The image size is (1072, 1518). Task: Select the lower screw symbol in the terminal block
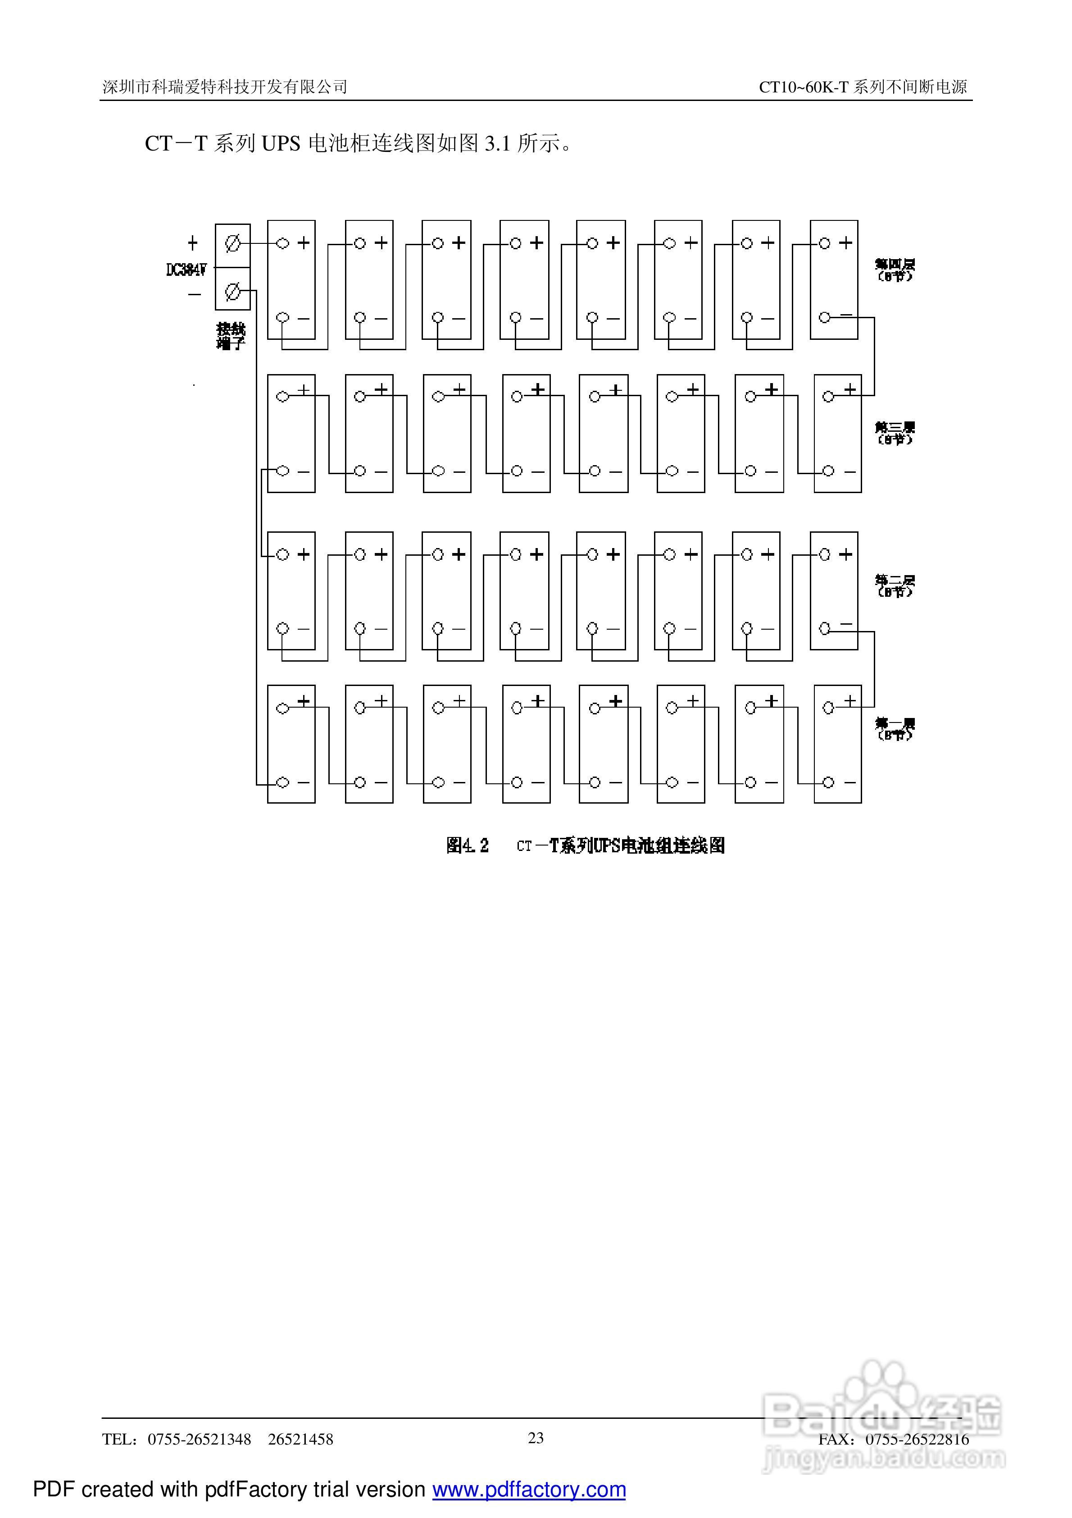[232, 291]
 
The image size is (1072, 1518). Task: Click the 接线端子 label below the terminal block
[231, 336]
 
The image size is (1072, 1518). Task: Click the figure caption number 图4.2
[467, 846]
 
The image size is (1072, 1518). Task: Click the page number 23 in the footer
[536, 1437]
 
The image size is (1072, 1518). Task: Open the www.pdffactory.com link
[529, 1490]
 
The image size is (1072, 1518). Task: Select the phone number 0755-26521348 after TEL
[199, 1439]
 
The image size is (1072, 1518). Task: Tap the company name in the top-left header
[225, 87]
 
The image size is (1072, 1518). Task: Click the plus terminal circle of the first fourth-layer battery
[283, 243]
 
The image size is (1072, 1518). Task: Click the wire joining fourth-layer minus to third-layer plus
[874, 357]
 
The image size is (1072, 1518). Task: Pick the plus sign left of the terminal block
[192, 243]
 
